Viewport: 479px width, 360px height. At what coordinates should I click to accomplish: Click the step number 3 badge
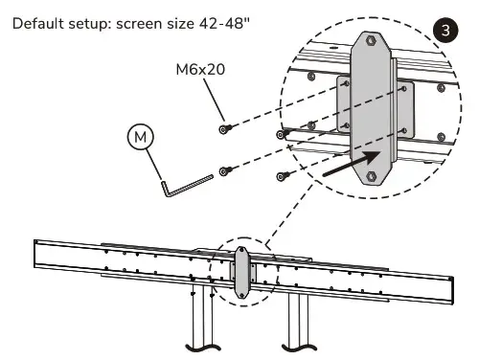click(445, 31)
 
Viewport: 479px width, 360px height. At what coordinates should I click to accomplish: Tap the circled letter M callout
click(141, 137)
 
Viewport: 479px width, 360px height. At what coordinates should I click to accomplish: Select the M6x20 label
click(200, 69)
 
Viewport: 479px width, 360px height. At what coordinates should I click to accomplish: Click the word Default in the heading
click(38, 24)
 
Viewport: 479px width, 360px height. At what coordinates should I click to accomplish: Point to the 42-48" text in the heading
click(224, 23)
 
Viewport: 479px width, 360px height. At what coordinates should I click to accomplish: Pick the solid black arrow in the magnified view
click(352, 163)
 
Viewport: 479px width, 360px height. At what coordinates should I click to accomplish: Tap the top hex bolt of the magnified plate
click(371, 41)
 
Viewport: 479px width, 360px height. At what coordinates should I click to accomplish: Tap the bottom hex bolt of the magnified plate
click(371, 176)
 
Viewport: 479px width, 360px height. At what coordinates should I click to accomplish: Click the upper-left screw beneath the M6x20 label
click(225, 128)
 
